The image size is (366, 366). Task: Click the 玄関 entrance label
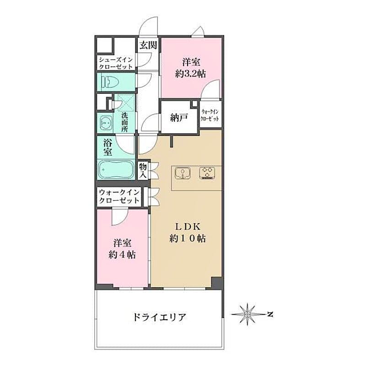(x=148, y=45)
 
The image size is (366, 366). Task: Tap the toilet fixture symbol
(x=110, y=82)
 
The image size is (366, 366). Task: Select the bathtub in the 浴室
(x=116, y=169)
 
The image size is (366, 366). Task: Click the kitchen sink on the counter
(x=183, y=173)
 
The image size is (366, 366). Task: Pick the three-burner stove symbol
(x=207, y=173)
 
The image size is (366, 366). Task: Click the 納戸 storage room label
(x=179, y=118)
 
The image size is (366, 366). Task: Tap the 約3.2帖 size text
(x=190, y=74)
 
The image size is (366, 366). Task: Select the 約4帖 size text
(x=122, y=255)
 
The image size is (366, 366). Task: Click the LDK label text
(x=188, y=226)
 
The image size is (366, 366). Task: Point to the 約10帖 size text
(x=188, y=238)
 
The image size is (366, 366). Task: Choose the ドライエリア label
(x=160, y=317)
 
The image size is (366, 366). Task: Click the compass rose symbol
(x=247, y=314)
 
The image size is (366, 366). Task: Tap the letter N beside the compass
(x=270, y=314)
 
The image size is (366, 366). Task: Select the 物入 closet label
(x=143, y=171)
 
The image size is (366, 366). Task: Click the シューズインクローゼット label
(x=116, y=63)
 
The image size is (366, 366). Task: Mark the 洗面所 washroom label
(x=124, y=122)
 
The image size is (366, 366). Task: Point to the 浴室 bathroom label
(x=108, y=147)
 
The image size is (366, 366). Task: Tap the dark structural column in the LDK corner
(x=217, y=283)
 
